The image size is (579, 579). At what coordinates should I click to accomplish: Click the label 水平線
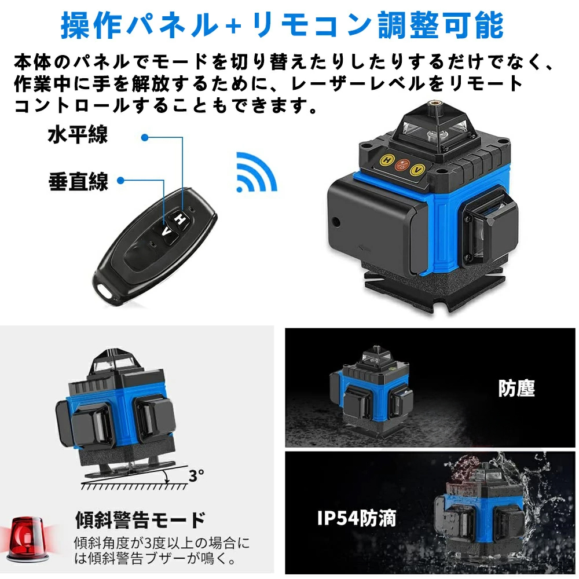(x=78, y=137)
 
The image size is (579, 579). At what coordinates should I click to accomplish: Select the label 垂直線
(x=78, y=181)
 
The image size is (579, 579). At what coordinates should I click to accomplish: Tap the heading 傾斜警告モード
(x=140, y=519)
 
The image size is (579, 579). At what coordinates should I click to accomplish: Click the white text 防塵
(x=516, y=388)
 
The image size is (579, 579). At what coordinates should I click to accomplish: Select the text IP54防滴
(x=356, y=518)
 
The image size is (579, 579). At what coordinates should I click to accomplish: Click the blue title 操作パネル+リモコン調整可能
(x=282, y=24)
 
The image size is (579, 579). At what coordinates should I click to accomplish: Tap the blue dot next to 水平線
(x=145, y=137)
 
